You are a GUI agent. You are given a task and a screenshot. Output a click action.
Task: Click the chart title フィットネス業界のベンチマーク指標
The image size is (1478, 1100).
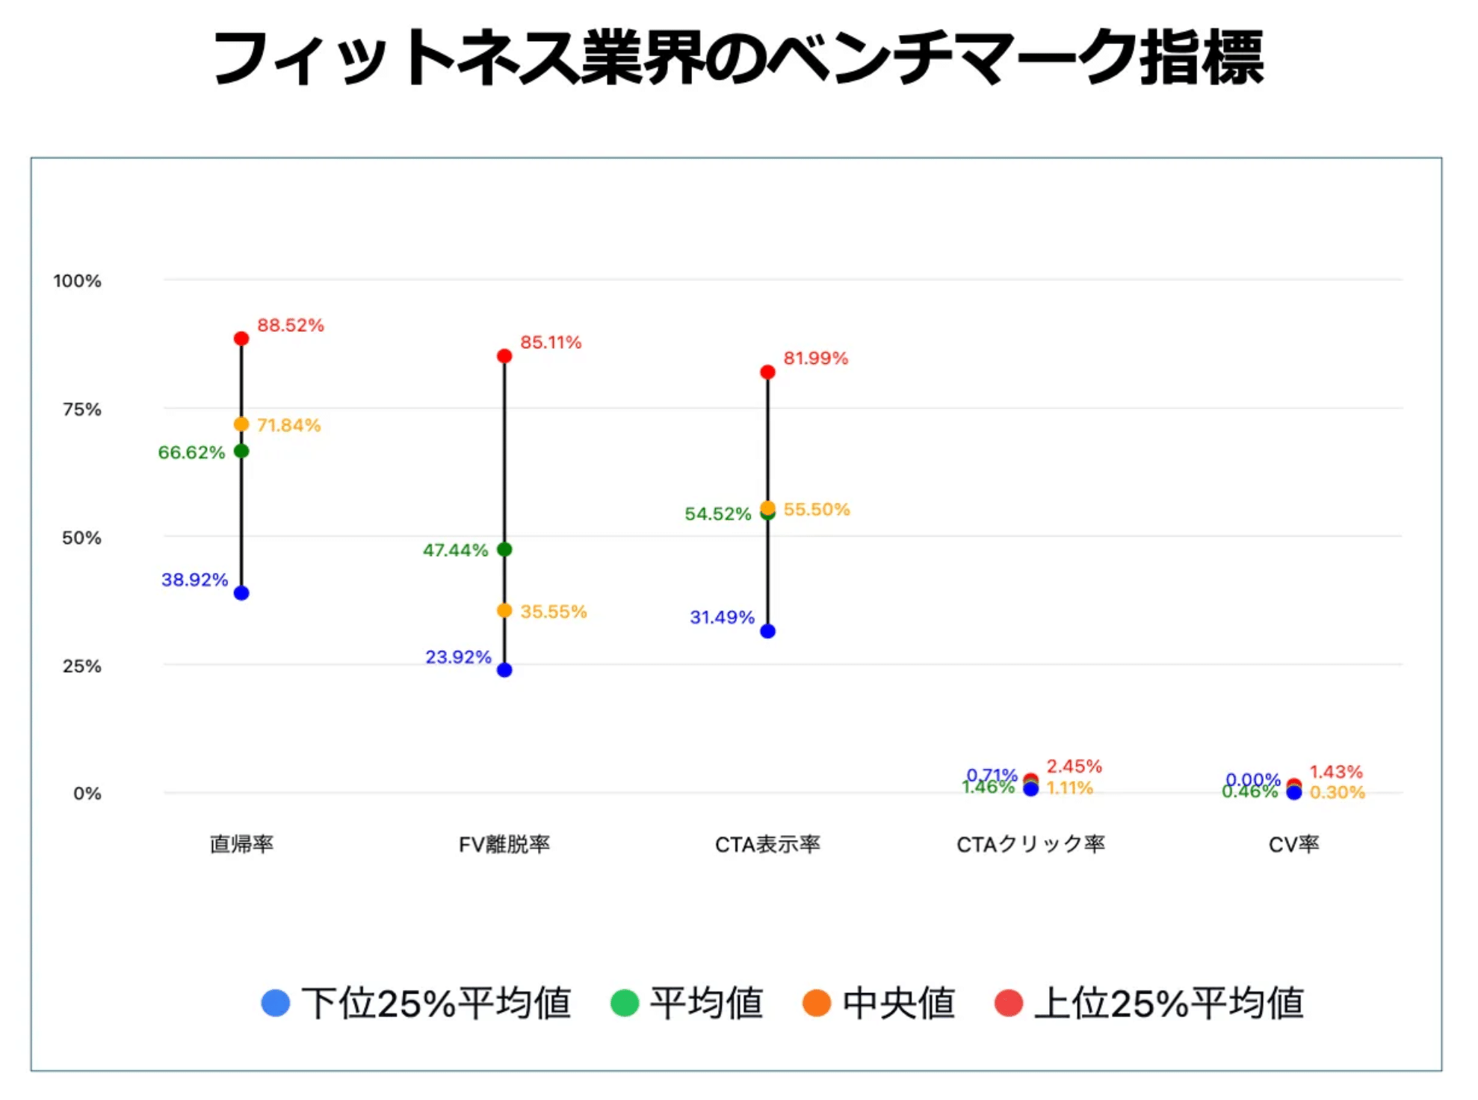[x=738, y=58]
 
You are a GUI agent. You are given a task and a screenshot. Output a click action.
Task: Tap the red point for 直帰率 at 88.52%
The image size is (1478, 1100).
[x=241, y=339]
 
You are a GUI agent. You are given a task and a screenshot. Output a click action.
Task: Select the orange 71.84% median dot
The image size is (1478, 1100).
[x=241, y=424]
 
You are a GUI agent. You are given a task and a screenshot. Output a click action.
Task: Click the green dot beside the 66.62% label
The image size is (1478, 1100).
[x=241, y=451]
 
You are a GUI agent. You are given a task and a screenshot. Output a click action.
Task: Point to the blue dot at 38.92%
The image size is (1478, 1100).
[x=241, y=593]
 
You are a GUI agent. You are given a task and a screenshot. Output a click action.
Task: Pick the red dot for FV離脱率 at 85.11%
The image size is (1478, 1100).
[x=504, y=356]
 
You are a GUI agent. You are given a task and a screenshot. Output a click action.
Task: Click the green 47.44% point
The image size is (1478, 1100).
[x=504, y=550]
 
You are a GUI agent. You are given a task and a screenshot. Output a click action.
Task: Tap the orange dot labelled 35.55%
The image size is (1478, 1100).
[x=504, y=611]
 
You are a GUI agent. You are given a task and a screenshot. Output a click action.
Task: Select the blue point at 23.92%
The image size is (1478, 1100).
[x=504, y=670]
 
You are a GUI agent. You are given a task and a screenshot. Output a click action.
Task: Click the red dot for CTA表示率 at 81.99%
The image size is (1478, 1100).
[x=767, y=372]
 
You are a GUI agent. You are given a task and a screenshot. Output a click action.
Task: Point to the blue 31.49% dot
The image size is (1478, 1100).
[x=767, y=631]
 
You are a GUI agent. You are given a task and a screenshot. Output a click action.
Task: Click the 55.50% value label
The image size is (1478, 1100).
[x=817, y=510]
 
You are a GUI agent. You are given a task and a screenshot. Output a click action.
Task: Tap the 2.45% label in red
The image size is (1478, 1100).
[x=1074, y=767]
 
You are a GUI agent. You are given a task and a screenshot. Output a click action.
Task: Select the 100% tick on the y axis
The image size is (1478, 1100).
[x=77, y=281]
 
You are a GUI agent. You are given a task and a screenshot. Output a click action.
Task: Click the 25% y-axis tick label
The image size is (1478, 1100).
[x=81, y=666]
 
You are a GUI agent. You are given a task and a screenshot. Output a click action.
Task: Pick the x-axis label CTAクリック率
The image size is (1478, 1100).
[x=1030, y=844]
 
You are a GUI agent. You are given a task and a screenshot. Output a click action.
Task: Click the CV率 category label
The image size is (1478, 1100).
[x=1293, y=844]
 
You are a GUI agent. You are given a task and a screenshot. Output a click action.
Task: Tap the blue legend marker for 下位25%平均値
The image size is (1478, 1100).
[x=276, y=1003]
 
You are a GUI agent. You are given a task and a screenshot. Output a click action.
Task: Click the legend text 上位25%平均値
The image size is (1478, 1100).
[x=1169, y=1003]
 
